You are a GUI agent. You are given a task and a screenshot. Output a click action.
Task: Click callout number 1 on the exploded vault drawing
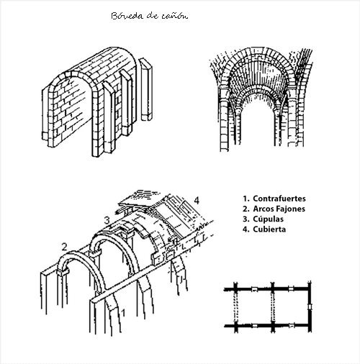pos(124,311)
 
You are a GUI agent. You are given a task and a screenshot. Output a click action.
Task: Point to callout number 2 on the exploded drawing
pos(64,247)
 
